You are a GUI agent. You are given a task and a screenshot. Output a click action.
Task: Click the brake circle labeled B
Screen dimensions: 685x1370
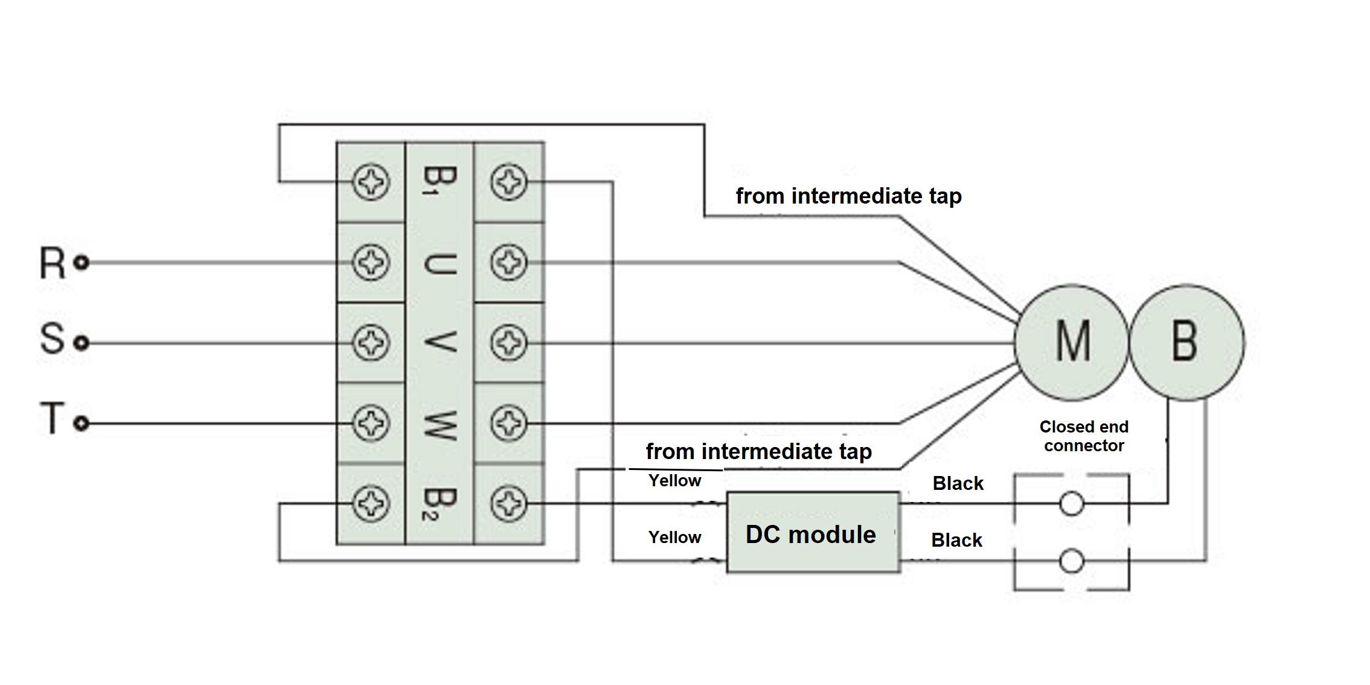(1186, 342)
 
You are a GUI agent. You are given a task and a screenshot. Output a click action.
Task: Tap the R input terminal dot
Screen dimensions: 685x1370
(82, 263)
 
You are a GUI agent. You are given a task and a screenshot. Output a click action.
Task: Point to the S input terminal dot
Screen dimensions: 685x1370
(82, 343)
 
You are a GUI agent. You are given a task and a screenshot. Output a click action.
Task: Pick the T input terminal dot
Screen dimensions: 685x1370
(82, 423)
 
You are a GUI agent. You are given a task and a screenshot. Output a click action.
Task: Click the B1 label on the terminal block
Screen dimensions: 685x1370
(439, 181)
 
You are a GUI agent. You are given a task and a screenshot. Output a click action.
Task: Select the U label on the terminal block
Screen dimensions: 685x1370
(439, 263)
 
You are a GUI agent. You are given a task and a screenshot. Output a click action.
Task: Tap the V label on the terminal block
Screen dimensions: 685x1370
(439, 343)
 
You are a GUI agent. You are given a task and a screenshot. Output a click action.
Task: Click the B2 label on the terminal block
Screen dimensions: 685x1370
(439, 504)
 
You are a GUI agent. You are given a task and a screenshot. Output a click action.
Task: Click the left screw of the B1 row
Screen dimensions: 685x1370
(371, 182)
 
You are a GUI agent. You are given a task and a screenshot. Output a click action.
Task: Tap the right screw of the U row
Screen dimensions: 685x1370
(508, 263)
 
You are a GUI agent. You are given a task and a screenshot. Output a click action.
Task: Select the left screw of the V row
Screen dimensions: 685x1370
(371, 343)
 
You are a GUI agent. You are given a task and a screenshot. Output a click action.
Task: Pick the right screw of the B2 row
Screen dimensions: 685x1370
(508, 503)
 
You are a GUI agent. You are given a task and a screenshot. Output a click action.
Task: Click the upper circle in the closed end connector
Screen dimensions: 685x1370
(1072, 503)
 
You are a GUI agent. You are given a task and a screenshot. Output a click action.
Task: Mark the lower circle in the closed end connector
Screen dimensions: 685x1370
(1072, 561)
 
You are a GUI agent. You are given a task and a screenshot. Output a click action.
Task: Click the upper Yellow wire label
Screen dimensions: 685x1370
(674, 481)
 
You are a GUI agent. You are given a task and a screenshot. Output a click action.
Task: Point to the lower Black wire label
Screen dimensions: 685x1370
(956, 540)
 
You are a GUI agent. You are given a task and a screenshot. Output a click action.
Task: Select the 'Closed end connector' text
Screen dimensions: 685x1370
(1084, 436)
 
